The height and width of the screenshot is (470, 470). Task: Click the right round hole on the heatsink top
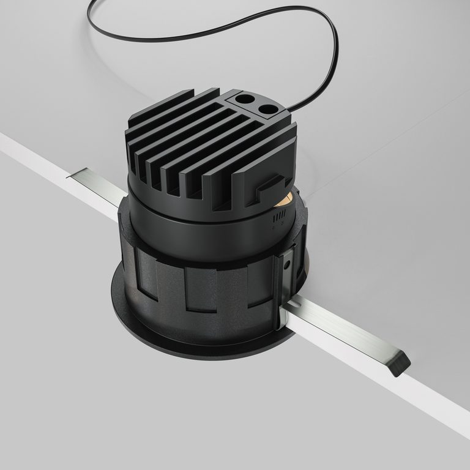[267, 110]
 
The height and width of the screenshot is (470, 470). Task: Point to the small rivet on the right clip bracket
[286, 264]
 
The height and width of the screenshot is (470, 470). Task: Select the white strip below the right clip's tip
[422, 398]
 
